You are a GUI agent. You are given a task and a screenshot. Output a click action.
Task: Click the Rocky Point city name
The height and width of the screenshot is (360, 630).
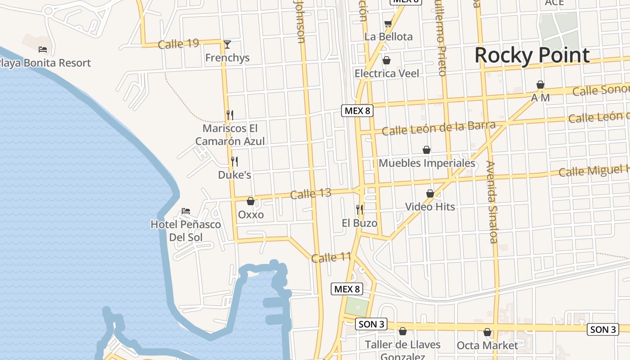532,55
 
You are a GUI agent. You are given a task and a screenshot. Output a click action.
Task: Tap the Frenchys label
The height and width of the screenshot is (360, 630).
227,58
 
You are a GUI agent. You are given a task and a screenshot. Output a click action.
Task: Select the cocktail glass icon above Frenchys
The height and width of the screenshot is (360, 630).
227,44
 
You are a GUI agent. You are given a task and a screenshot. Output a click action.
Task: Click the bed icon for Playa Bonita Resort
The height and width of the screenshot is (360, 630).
43,49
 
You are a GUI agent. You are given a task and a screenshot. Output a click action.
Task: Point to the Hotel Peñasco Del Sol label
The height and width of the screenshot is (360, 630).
186,230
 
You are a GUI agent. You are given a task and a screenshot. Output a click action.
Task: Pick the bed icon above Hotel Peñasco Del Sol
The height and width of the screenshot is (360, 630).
186,211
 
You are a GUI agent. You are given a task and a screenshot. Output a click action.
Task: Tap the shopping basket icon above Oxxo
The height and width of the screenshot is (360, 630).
251,201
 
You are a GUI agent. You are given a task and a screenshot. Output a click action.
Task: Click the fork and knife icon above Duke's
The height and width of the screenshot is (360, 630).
234,161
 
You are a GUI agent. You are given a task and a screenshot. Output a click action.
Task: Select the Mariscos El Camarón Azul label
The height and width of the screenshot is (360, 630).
230,135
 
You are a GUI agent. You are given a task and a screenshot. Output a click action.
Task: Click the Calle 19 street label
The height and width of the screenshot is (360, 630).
179,44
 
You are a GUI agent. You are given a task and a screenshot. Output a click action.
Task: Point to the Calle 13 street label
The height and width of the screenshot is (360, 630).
310,194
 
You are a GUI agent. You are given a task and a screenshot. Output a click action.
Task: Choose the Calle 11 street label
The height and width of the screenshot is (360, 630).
331,257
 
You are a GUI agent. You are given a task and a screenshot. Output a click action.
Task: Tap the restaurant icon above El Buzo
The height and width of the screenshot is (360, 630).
359,209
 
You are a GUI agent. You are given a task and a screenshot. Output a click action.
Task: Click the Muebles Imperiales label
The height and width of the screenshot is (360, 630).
427,163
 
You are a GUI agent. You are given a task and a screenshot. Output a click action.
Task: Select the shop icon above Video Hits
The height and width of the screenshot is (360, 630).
430,193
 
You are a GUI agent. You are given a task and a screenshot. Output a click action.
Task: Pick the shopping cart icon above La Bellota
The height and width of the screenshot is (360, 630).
388,23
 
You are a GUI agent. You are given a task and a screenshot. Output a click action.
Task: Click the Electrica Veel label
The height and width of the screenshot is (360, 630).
387,73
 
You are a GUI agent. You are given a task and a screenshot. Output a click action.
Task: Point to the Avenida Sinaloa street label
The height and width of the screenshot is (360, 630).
492,202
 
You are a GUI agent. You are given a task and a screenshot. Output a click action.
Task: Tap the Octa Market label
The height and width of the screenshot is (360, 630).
487,346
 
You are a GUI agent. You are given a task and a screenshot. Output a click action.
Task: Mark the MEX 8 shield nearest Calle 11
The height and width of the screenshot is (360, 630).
347,289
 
